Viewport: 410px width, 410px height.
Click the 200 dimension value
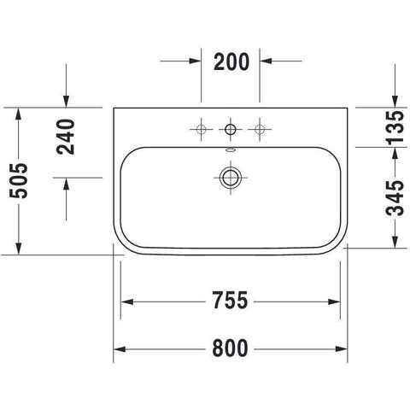point(231,61)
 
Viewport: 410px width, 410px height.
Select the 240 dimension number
point(66,137)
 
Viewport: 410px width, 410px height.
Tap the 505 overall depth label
point(19,181)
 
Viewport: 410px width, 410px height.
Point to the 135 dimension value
point(395,127)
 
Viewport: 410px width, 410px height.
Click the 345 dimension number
point(395,198)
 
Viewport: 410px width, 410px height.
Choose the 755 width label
point(230,301)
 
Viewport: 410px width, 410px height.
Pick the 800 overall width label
point(230,348)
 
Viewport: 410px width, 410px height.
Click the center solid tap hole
point(231,130)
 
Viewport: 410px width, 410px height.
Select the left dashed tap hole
point(202,129)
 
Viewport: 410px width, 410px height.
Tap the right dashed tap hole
point(260,129)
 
